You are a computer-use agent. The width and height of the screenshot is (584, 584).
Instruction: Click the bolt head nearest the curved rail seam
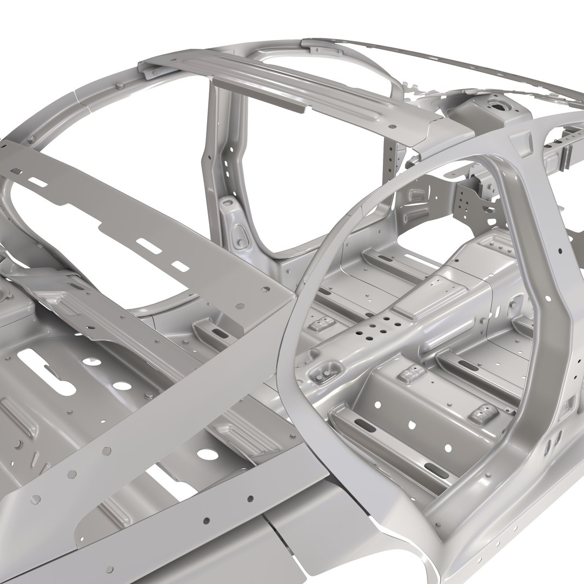[118, 86]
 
